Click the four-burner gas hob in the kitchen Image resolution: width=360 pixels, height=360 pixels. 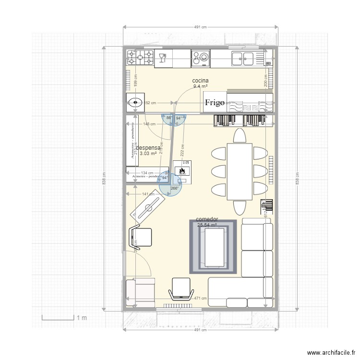click(x=140, y=58)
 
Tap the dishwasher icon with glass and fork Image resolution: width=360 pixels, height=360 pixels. click(x=163, y=58)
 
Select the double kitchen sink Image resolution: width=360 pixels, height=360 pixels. click(x=242, y=58)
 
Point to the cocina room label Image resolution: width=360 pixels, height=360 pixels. click(x=200, y=81)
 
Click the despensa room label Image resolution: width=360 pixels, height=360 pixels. click(x=148, y=149)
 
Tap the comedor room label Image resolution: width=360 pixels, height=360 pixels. click(x=207, y=219)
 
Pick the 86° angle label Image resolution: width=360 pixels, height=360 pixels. click(x=169, y=118)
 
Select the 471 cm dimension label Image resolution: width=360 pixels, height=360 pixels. click(x=200, y=298)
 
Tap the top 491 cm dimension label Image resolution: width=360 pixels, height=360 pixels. click(x=200, y=27)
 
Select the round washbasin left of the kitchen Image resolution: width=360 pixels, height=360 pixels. click(x=136, y=102)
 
